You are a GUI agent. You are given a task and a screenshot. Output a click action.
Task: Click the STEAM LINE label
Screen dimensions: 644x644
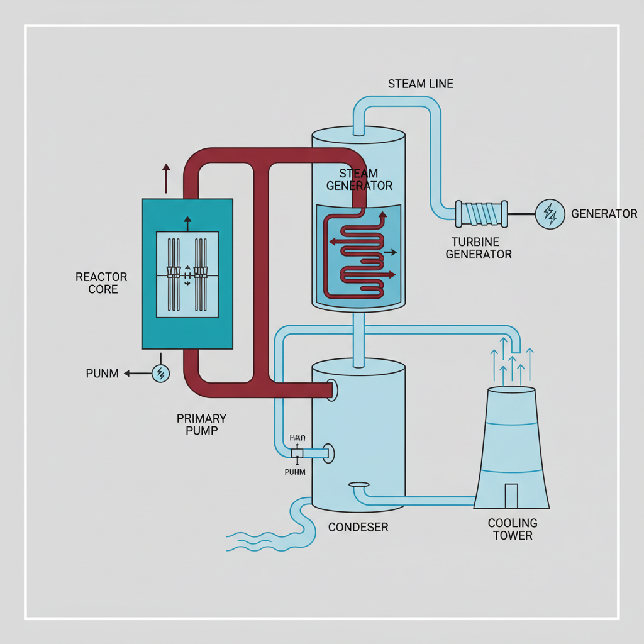tap(420, 84)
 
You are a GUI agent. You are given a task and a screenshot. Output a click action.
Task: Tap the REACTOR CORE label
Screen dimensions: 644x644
tap(101, 283)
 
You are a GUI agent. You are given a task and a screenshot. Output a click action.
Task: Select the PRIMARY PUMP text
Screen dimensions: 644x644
tap(201, 425)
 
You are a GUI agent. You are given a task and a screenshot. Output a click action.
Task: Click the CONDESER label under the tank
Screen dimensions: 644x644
tap(358, 527)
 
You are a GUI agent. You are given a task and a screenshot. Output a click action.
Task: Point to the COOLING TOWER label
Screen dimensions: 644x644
tap(513, 529)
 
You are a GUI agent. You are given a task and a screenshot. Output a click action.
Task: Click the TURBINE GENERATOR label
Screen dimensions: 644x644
tap(482, 248)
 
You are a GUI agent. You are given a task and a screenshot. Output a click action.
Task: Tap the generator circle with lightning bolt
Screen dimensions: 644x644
tap(550, 214)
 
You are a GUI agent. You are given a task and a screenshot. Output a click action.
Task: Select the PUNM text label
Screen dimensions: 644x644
tap(102, 374)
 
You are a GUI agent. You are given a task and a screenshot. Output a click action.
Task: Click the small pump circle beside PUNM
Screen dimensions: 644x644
tap(161, 374)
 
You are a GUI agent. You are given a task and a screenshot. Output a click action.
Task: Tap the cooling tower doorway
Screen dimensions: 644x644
tap(511, 496)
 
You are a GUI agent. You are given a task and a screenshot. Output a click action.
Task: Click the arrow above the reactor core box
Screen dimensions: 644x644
tap(166, 178)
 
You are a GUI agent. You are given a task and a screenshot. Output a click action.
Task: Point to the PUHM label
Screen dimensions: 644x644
tap(295, 472)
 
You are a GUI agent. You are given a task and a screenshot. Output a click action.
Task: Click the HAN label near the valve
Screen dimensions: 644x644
tap(296, 438)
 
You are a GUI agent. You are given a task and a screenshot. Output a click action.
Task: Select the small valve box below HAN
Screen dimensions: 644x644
tap(297, 453)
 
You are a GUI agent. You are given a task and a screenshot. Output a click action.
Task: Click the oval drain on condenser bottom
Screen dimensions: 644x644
tap(358, 485)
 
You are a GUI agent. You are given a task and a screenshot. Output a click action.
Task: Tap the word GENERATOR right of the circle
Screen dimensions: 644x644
tap(604, 214)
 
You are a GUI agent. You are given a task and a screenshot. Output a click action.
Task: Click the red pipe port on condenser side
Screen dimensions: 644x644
tap(331, 390)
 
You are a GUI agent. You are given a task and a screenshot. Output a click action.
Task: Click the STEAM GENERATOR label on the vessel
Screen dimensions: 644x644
tap(359, 179)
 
